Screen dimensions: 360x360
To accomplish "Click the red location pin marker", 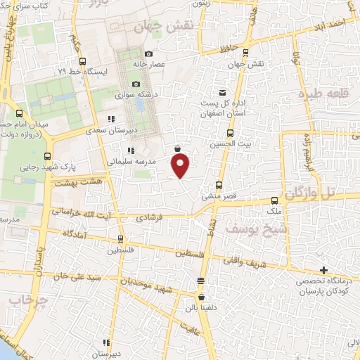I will click(181, 165).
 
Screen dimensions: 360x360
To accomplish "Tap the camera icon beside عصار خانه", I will click(148, 54).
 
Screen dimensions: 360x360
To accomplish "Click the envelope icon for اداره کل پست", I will click(223, 93).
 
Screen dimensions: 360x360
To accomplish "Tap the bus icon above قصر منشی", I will click(219, 186).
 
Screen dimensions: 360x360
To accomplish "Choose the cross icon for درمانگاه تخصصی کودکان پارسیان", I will click(323, 270).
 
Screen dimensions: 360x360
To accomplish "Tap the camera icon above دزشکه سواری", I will click(136, 84).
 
